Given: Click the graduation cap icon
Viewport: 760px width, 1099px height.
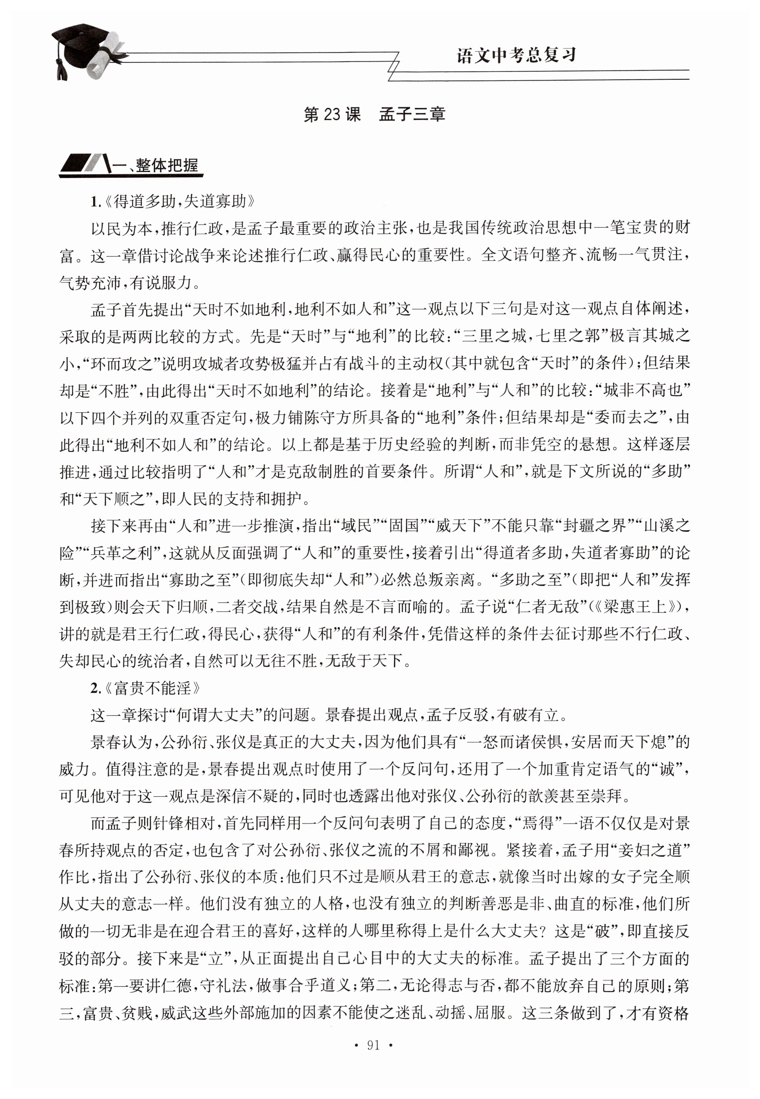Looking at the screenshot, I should click(76, 48).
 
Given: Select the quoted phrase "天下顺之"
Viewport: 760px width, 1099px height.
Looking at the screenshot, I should click(108, 499).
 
